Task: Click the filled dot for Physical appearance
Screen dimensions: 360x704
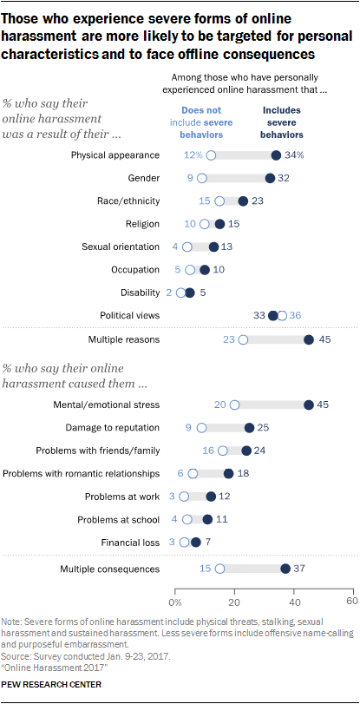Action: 276,155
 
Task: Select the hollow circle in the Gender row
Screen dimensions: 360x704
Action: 202,178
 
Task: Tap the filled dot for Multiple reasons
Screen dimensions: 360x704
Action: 308,339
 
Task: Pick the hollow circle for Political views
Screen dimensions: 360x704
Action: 282,316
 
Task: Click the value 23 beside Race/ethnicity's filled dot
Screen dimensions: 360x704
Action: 258,201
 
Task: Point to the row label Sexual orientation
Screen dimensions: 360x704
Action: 121,247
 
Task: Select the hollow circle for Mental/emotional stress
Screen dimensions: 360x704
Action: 234,405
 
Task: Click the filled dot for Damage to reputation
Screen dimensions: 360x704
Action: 249,428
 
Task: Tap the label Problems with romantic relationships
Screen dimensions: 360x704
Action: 82,473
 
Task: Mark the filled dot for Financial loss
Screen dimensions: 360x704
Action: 196,542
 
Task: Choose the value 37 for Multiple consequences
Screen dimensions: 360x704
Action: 300,569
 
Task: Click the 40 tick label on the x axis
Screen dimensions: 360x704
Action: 294,601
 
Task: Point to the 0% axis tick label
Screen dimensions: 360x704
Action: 174,601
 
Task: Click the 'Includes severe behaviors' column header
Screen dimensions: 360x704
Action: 282,122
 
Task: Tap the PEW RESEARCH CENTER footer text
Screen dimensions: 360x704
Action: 52,685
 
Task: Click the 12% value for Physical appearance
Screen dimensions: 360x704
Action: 193,155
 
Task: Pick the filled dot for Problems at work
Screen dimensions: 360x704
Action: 211,497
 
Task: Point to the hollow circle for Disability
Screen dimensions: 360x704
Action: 181,293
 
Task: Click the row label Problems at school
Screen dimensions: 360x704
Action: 119,519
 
